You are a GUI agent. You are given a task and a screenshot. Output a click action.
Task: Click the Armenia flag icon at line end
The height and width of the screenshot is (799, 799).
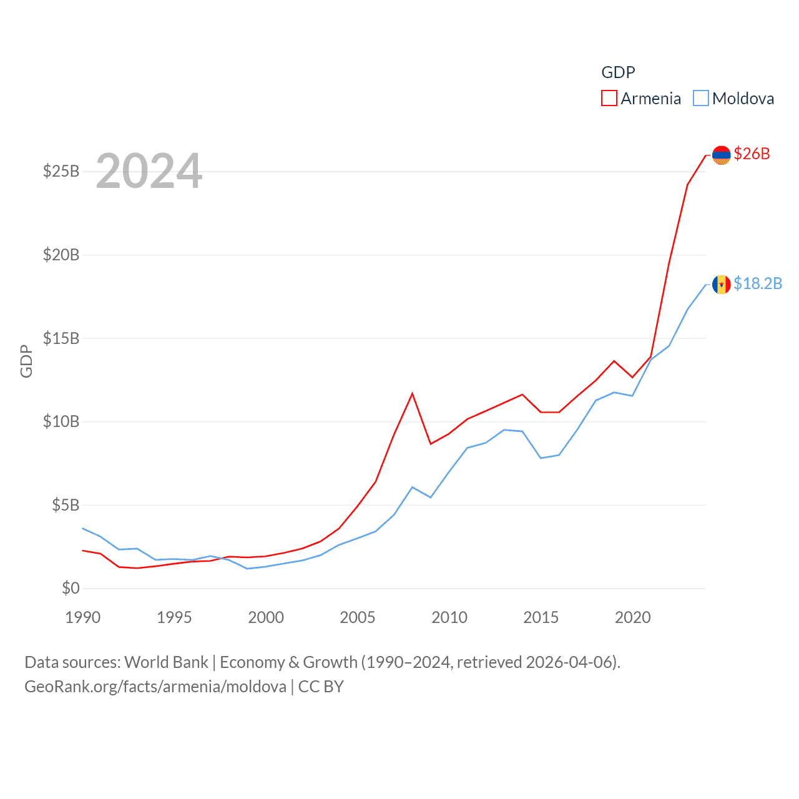pos(721,155)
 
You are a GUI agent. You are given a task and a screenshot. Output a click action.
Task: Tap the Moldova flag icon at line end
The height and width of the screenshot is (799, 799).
pos(721,285)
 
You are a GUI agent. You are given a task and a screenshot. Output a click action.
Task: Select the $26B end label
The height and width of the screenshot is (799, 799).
pos(752,154)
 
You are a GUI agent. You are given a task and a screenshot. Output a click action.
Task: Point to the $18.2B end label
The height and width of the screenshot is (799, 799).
pos(758,283)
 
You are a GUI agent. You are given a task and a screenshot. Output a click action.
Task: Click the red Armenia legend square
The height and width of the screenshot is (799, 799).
pos(609,99)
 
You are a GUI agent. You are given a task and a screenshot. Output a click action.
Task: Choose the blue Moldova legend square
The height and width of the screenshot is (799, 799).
pos(701,99)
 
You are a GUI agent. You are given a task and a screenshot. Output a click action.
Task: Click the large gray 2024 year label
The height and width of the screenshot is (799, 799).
pos(149,171)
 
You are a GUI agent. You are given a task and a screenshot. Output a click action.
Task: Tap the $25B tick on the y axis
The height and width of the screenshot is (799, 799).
pos(61,171)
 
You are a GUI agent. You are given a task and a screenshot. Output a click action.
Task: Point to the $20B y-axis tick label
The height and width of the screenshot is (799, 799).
pos(61,255)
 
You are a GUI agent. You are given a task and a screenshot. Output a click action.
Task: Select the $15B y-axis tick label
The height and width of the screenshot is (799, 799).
pos(61,338)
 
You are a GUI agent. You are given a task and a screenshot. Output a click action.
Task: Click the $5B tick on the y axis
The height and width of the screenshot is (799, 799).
pos(66,505)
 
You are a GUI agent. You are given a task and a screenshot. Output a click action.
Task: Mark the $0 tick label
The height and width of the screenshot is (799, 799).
pos(71,588)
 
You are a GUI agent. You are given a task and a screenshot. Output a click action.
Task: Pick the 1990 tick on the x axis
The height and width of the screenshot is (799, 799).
pos(83,617)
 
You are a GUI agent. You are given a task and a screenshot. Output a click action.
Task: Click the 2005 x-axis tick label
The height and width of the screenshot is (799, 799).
pos(358,617)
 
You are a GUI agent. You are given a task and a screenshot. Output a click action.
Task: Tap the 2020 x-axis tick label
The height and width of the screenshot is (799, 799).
pos(633,617)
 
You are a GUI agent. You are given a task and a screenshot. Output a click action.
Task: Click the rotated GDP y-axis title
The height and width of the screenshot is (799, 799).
pos(26,361)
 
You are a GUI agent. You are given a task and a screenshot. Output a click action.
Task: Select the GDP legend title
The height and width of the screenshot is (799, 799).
pos(618,72)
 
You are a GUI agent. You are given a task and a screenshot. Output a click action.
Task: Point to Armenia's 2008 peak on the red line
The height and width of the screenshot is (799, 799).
pos(412,393)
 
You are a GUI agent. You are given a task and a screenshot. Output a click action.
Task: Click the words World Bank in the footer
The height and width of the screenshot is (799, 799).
pos(166,662)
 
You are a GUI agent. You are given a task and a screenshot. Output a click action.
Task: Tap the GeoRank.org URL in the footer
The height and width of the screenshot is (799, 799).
pos(155,687)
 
